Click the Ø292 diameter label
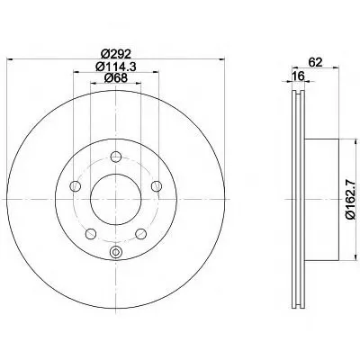[x=116, y=54]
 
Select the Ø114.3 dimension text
[x=116, y=66]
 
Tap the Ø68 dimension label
[x=116, y=77]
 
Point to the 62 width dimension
[x=315, y=62]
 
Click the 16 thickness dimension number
[x=299, y=76]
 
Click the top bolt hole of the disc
[x=115, y=157]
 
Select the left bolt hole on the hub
[x=75, y=186]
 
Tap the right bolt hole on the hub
[x=157, y=186]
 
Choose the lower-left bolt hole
[x=91, y=234]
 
